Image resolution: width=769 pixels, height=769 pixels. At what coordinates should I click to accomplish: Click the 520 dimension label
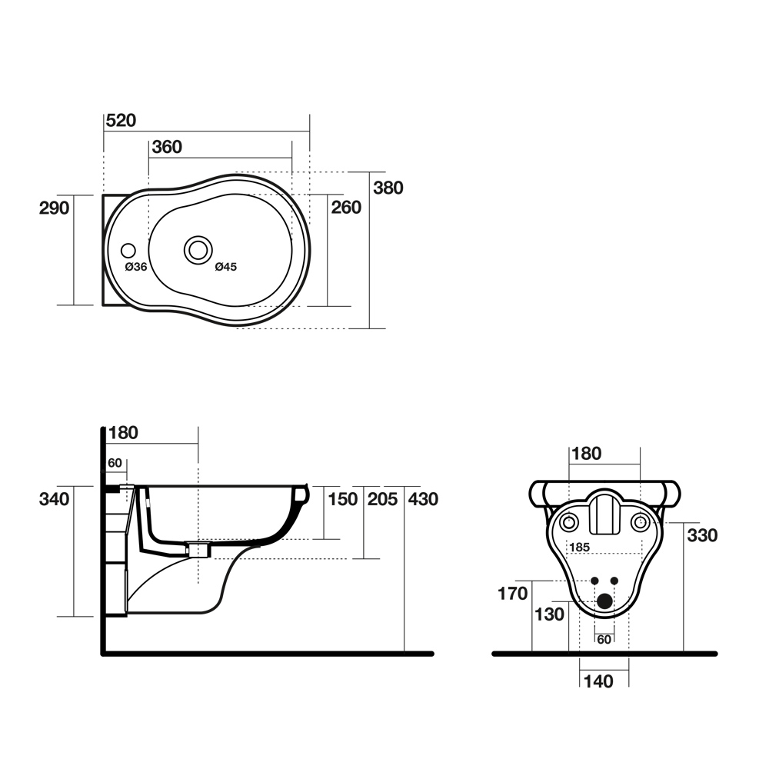point(122,120)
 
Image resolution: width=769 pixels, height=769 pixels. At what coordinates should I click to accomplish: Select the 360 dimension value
point(167,147)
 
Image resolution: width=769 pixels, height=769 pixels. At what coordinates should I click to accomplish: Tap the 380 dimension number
point(388,188)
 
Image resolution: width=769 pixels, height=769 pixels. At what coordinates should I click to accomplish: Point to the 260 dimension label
point(346,208)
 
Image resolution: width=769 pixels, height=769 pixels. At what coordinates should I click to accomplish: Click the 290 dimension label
point(54,208)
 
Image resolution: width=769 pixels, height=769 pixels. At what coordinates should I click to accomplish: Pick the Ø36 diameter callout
point(136,267)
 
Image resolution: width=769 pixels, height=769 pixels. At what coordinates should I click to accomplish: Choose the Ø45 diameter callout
point(225,267)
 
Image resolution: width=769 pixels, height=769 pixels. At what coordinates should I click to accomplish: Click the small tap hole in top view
point(128,251)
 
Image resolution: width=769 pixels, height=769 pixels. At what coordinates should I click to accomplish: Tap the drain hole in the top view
point(198,250)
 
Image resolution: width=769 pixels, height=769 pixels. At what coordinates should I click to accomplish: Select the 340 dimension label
point(54,499)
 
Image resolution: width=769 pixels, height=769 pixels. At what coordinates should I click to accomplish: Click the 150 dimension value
point(342,499)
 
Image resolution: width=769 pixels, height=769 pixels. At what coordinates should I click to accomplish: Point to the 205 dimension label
point(382,499)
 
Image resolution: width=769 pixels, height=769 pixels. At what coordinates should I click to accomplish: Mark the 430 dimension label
point(423,499)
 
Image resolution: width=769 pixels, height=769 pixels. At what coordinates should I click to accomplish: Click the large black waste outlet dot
point(604,601)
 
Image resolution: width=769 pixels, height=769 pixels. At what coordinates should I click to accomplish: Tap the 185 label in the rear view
point(579,547)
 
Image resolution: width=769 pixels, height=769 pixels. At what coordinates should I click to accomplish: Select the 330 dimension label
point(702,535)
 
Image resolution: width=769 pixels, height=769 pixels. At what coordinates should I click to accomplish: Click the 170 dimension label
point(512,594)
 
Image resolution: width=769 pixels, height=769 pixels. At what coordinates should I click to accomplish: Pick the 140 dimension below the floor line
point(598,681)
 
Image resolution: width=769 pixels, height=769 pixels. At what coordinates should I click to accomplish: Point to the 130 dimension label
point(549,614)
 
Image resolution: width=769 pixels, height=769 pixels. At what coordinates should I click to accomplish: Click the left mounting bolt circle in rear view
point(569,523)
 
